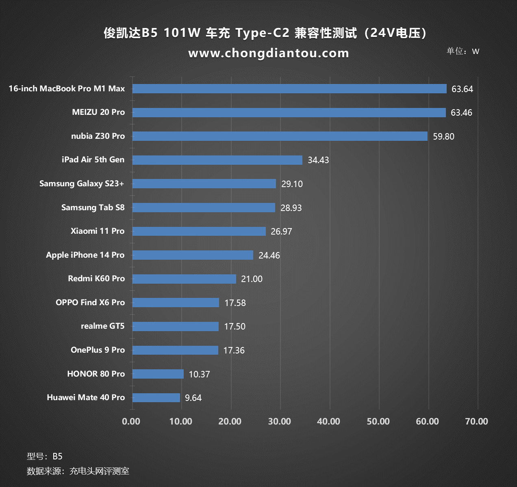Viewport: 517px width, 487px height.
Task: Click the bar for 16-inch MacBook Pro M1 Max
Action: (x=289, y=89)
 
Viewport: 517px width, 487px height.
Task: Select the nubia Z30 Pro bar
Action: (x=280, y=136)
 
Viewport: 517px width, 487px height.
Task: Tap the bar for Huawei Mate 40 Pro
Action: (x=156, y=398)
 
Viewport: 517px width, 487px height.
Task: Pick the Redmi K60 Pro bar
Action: (x=184, y=279)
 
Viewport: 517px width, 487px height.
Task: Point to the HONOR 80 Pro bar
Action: (x=158, y=374)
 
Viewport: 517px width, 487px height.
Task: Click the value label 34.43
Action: (x=318, y=160)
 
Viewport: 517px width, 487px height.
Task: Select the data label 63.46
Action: (x=461, y=113)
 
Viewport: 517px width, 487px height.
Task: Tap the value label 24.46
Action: (x=269, y=255)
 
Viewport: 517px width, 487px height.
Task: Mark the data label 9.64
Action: (x=193, y=398)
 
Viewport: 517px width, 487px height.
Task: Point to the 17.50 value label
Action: (x=235, y=327)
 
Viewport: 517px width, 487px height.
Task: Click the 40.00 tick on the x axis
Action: (x=328, y=422)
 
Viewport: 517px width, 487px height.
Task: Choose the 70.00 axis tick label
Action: (x=476, y=422)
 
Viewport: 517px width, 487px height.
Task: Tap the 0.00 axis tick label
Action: (x=131, y=422)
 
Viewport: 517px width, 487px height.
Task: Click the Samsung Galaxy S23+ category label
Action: (x=82, y=184)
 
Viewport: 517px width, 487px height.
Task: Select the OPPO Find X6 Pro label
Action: (x=90, y=303)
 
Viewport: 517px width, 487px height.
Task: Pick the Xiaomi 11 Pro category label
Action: (x=98, y=231)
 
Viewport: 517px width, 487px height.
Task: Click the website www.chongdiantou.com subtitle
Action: (x=269, y=53)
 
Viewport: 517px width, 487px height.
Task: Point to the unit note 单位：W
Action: (x=463, y=51)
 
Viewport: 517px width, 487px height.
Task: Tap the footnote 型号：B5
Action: (x=45, y=457)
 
